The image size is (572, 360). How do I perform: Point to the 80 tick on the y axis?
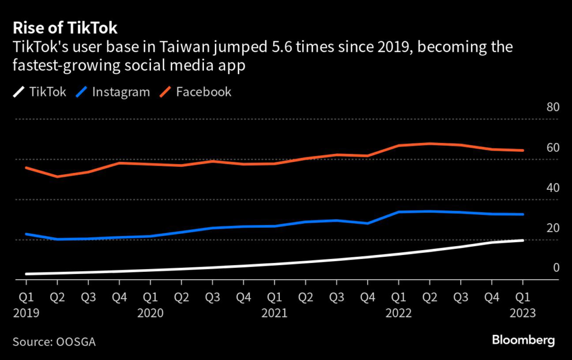pyautogui.click(x=552, y=107)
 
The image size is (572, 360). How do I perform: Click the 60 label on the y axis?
pyautogui.click(x=552, y=148)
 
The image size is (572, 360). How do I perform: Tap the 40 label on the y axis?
pyautogui.click(x=552, y=188)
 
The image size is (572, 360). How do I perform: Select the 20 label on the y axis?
pyautogui.click(x=552, y=228)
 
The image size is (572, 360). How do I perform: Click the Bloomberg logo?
pyautogui.click(x=523, y=340)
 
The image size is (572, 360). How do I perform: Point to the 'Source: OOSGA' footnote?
pyautogui.click(x=54, y=341)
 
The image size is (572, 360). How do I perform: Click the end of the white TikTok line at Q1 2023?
pyautogui.click(x=523, y=241)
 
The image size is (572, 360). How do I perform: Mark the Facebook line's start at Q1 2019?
pyautogui.click(x=26, y=167)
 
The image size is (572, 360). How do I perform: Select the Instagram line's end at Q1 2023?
pyautogui.click(x=523, y=214)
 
